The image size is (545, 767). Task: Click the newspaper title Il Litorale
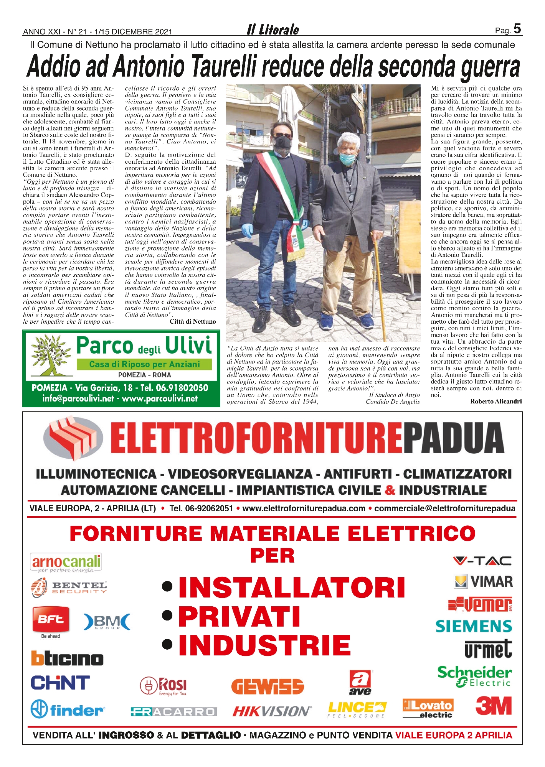point(273,30)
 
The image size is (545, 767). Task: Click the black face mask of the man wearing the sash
point(282,142)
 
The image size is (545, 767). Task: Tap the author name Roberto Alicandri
point(495,402)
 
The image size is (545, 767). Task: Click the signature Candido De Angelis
point(393,402)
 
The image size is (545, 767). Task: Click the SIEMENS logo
point(474,626)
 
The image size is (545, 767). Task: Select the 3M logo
point(494,706)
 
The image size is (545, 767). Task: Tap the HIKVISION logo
point(272,712)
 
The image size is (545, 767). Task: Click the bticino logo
point(67,658)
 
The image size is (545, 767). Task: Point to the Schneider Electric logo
point(474,676)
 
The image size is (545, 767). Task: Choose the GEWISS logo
point(268,686)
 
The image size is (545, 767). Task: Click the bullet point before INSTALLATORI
point(167,587)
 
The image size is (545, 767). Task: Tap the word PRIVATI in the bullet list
point(239,617)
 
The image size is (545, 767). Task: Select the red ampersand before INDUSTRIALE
point(390,490)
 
